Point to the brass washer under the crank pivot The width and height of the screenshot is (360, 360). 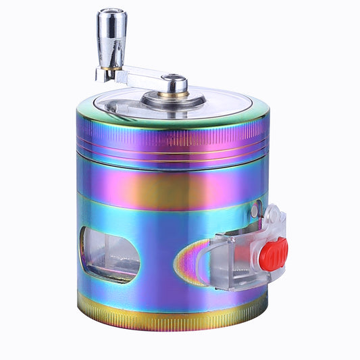click(x=175, y=94)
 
